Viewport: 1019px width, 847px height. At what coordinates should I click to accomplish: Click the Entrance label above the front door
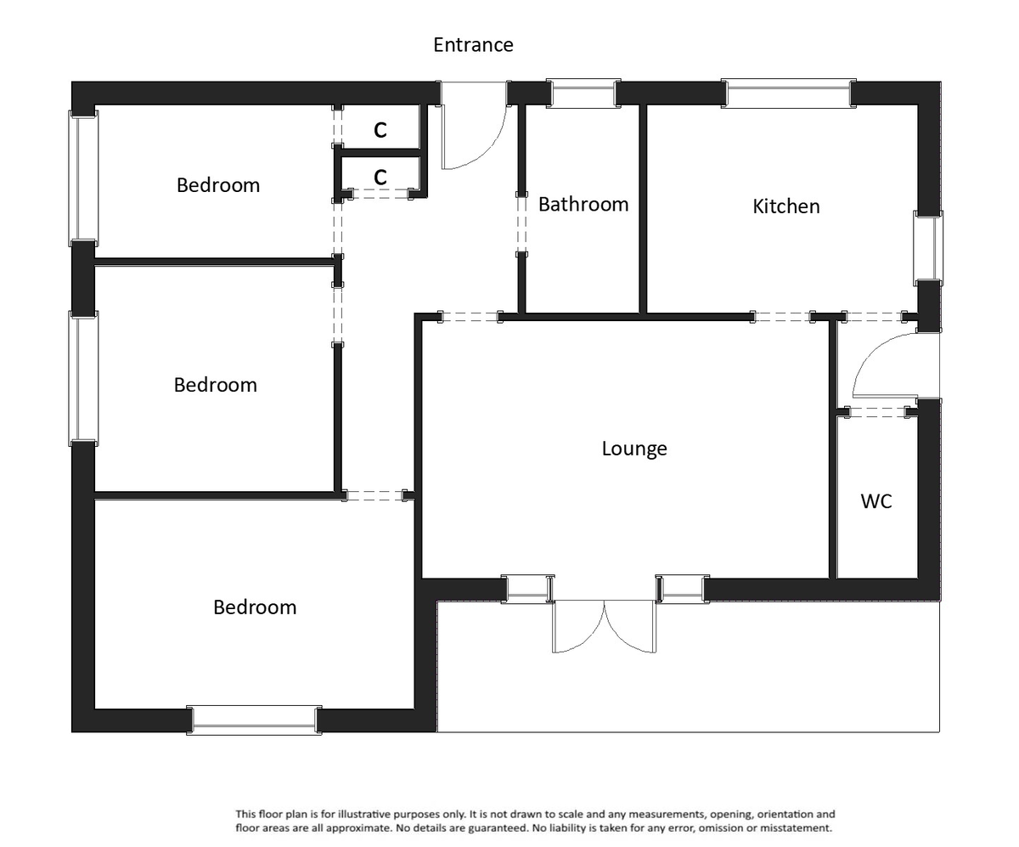(x=473, y=45)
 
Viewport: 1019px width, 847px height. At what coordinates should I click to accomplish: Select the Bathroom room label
(x=583, y=205)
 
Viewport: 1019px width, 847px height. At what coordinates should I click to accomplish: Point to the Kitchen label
(x=785, y=206)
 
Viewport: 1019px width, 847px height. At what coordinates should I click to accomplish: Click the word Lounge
(x=633, y=449)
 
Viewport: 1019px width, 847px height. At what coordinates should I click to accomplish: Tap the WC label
(x=875, y=501)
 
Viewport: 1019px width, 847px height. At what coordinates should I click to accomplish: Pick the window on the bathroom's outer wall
(x=583, y=93)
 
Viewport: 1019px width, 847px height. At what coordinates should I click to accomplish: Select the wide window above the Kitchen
(x=787, y=93)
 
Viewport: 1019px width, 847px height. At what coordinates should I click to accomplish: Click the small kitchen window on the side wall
(x=928, y=248)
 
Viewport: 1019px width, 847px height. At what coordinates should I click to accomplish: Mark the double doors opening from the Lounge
(x=604, y=627)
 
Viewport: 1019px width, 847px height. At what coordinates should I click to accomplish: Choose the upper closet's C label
(x=380, y=130)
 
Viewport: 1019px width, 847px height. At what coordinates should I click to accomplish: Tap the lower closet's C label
(x=380, y=177)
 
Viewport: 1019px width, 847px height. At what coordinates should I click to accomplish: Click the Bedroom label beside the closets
(x=218, y=185)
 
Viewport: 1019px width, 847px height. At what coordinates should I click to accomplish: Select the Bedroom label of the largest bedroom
(x=255, y=607)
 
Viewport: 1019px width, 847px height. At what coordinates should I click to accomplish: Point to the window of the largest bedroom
(x=254, y=720)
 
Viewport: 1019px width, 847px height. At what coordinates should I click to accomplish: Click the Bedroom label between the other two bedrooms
(x=215, y=385)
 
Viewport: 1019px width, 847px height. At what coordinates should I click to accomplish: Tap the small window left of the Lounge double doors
(x=527, y=589)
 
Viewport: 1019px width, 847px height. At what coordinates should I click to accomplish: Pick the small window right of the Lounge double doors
(x=682, y=589)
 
